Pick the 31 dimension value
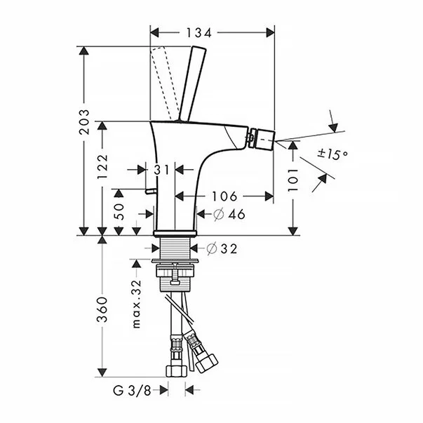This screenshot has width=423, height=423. (x=163, y=169)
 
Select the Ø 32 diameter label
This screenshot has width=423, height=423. (x=222, y=248)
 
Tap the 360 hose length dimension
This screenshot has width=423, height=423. (x=102, y=309)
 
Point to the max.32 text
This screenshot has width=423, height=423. (x=137, y=302)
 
